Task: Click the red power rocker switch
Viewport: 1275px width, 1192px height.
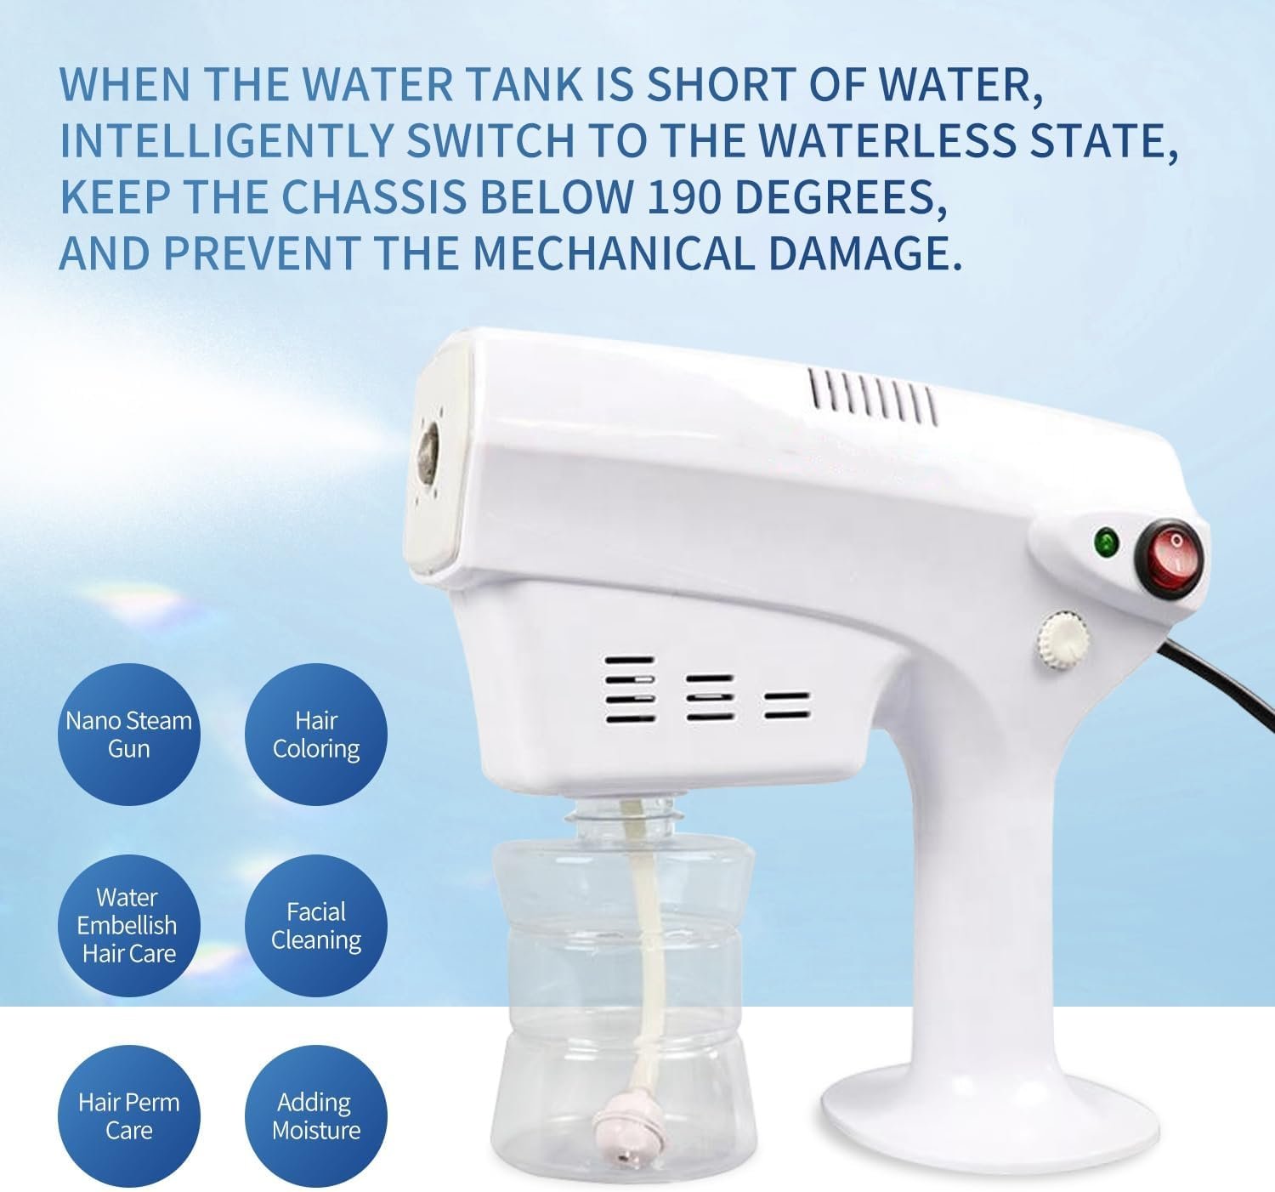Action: point(1169,558)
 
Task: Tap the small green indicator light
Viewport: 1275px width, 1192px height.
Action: point(1106,543)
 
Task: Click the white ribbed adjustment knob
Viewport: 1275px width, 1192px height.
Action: point(1062,639)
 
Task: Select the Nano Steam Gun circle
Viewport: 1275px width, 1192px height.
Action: point(129,734)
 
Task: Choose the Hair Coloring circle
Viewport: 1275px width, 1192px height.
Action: point(316,734)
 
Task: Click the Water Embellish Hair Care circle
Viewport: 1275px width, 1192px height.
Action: point(129,926)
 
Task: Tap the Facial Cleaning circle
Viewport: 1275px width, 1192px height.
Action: point(316,926)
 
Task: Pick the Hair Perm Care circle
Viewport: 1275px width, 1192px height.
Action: point(129,1116)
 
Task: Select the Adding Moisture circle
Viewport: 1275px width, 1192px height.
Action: point(316,1116)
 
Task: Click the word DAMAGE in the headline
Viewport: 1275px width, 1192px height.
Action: point(864,253)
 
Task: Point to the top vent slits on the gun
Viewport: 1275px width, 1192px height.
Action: point(872,396)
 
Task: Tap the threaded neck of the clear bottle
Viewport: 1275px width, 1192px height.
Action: point(621,818)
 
